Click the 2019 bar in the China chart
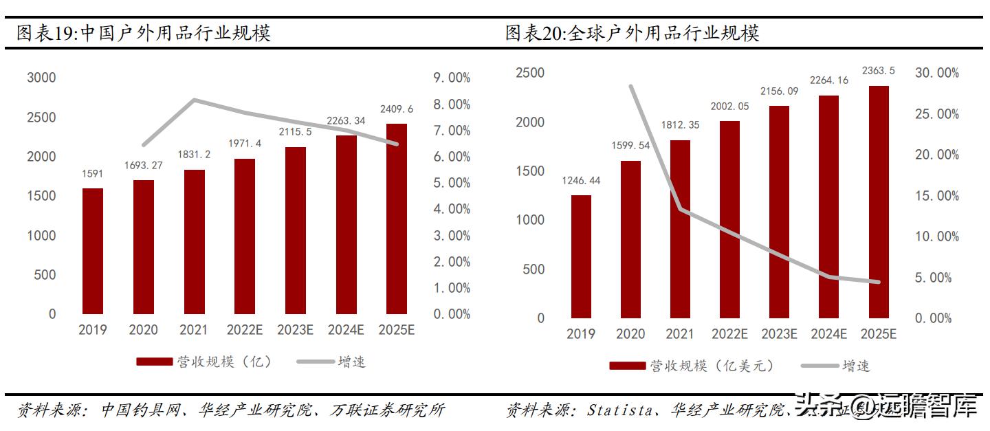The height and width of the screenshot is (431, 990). point(93,251)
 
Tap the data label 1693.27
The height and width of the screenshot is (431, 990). point(144,165)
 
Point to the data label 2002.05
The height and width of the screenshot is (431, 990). point(729,107)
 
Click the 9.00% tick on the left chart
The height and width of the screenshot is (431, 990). point(451,78)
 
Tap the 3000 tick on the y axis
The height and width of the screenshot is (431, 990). point(41,78)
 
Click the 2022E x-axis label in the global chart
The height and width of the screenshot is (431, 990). point(729,334)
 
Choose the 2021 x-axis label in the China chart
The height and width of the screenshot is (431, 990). point(193,330)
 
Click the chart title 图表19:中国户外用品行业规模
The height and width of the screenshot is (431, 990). point(144,33)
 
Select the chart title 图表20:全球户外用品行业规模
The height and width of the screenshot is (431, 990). point(632,33)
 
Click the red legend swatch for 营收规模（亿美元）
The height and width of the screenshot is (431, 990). point(627,366)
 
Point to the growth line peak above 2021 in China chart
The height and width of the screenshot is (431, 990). point(194,100)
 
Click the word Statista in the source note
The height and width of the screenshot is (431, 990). point(619,411)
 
